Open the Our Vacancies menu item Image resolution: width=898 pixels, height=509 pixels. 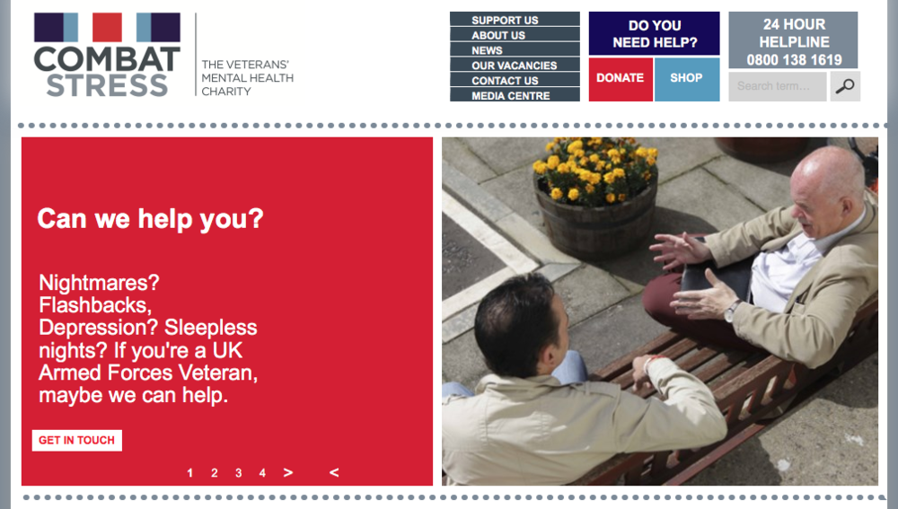click(x=515, y=65)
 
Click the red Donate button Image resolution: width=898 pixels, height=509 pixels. click(x=621, y=79)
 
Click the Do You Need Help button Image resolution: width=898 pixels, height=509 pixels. click(x=654, y=34)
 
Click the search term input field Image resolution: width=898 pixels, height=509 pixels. click(x=777, y=86)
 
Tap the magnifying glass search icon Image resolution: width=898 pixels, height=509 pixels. click(x=845, y=86)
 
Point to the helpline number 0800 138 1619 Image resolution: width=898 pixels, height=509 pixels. click(x=794, y=59)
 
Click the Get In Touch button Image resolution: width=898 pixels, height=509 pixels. click(x=76, y=440)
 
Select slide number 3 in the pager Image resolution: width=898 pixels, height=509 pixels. click(x=238, y=473)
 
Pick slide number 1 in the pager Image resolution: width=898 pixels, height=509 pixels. click(x=190, y=473)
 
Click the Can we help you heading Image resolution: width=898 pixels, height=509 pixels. click(x=150, y=219)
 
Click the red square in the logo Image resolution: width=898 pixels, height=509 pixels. click(x=107, y=27)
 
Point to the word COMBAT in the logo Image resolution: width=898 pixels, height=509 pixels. click(x=107, y=59)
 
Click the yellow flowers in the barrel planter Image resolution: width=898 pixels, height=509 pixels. click(x=595, y=169)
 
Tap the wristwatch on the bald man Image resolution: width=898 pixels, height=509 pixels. click(x=730, y=312)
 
